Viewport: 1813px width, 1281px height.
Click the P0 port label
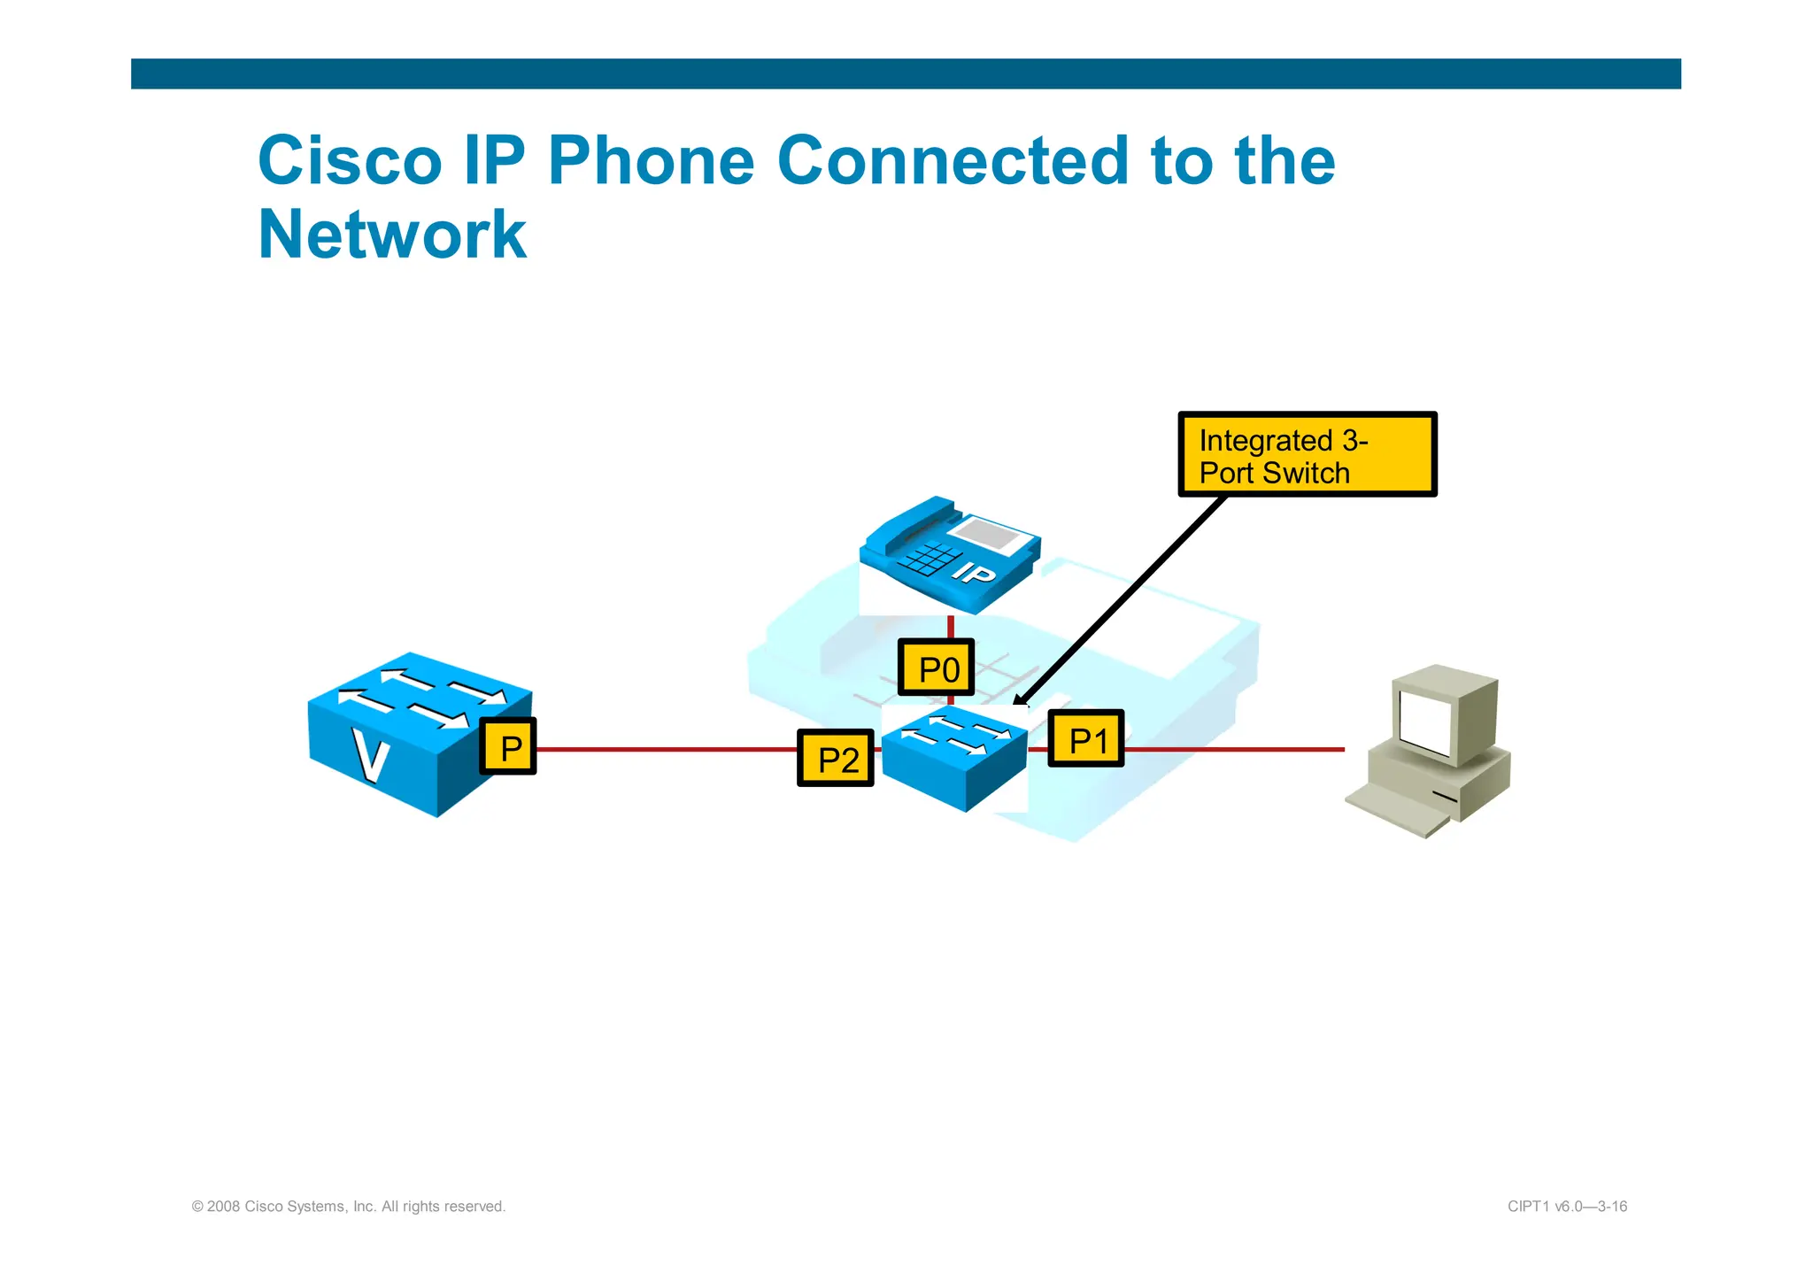(936, 668)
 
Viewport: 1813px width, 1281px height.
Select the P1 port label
(1085, 738)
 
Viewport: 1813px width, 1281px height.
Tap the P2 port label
(835, 759)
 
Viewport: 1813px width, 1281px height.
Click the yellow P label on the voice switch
(508, 747)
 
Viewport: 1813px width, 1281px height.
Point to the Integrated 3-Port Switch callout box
(1307, 455)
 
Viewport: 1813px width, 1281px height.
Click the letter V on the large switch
(370, 755)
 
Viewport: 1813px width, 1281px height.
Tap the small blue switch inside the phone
(953, 757)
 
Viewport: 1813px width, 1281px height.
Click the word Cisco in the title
(350, 161)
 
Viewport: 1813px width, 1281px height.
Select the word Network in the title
(392, 235)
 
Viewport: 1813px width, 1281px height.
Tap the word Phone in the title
(651, 161)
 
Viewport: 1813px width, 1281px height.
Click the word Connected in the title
(953, 161)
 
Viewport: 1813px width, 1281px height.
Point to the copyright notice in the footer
(349, 1206)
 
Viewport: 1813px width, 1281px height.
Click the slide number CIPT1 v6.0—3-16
(1566, 1206)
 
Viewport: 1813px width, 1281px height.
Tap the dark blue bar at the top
(906, 73)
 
